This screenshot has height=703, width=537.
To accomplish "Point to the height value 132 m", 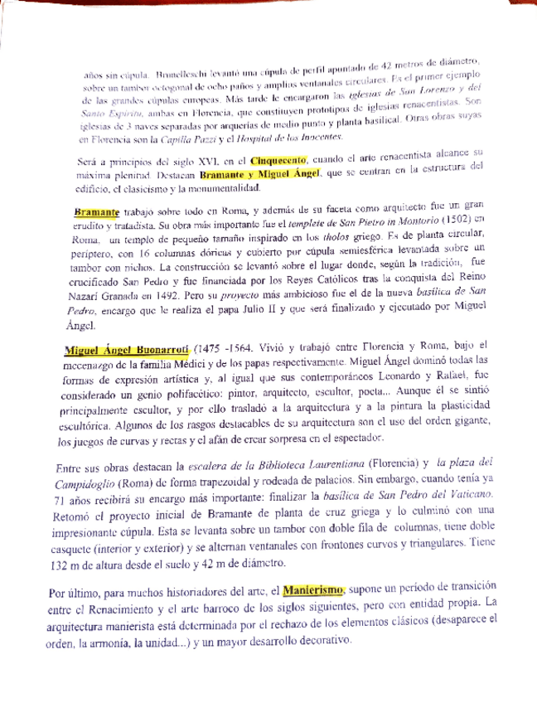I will tap(76, 566).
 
